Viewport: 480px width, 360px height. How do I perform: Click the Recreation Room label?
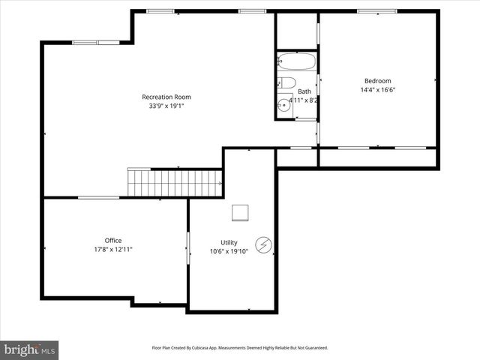[166, 97]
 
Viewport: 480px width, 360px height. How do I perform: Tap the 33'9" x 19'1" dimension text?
[166, 106]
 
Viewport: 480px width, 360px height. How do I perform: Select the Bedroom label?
[377, 81]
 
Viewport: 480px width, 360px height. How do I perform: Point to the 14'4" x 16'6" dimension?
[377, 90]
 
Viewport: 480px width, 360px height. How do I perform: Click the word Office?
[113, 241]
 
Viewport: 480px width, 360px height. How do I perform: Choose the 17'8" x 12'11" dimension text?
[113, 250]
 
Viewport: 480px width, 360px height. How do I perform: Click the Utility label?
[229, 242]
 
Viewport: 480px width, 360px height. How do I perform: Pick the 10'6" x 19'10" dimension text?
[229, 252]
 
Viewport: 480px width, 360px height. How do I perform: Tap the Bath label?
[304, 91]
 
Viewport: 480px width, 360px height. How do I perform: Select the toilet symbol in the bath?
[286, 83]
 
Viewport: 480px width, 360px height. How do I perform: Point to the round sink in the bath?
[283, 106]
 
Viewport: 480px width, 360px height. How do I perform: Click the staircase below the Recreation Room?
[175, 182]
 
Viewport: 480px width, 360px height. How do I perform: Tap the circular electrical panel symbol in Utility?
[265, 244]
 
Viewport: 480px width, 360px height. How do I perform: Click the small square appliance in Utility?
[241, 213]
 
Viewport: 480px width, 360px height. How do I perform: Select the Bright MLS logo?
[29, 349]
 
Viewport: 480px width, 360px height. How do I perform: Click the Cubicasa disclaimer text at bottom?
[240, 348]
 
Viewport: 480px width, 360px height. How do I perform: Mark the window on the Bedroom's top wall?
[377, 11]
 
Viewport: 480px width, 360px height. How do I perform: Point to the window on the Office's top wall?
[98, 197]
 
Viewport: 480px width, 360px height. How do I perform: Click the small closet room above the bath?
[296, 30]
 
